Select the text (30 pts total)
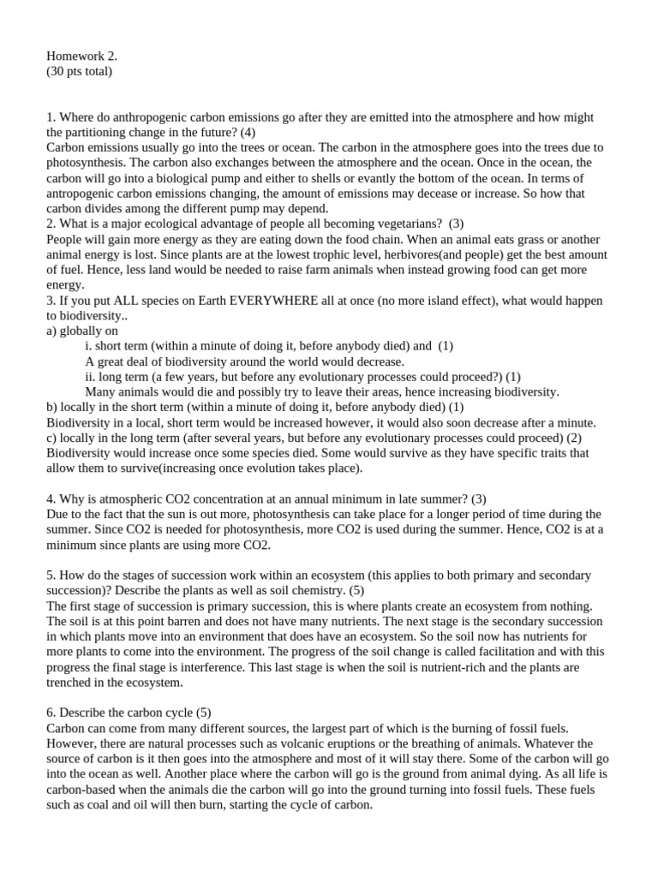click(79, 71)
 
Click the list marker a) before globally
click(52, 331)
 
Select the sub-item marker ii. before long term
click(92, 376)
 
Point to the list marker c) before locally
click(52, 438)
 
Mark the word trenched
click(73, 683)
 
